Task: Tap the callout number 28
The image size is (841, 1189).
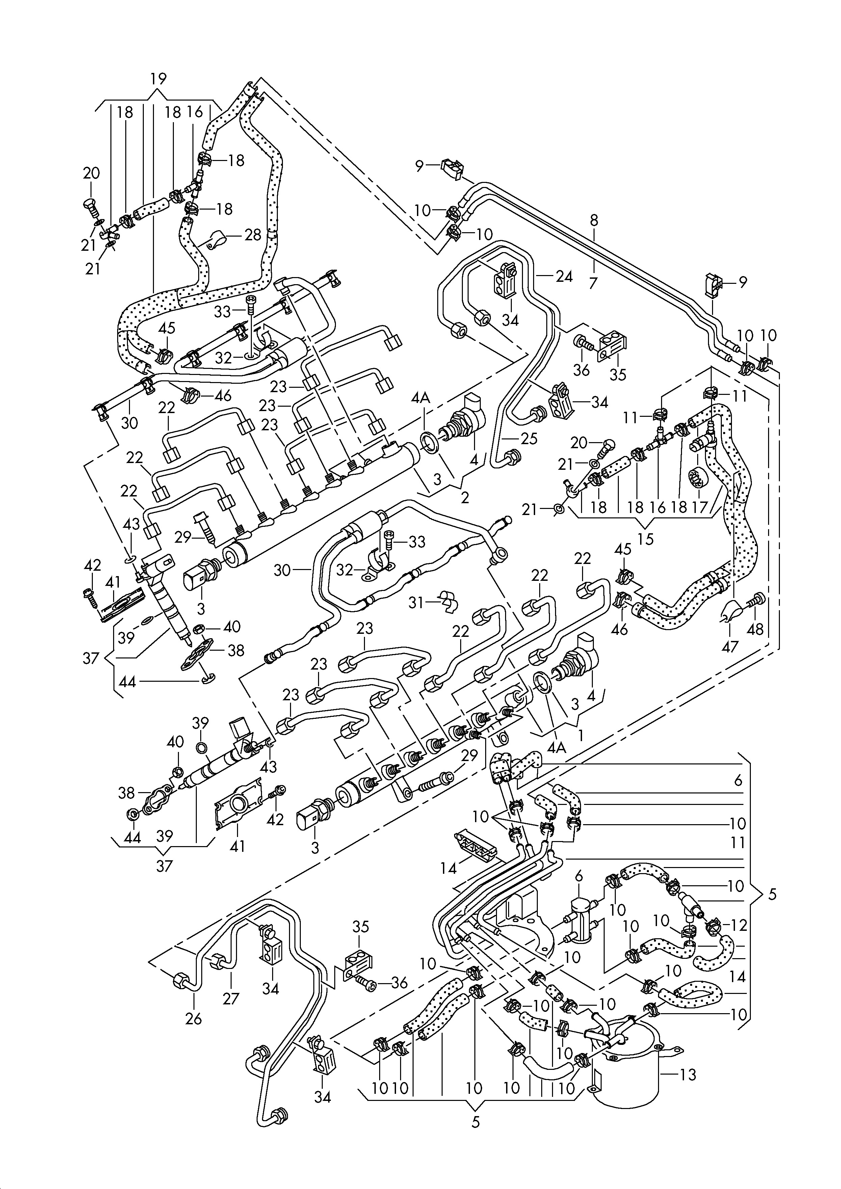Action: (x=253, y=235)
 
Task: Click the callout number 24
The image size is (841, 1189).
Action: (x=564, y=276)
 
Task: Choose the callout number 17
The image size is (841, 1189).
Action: (x=700, y=507)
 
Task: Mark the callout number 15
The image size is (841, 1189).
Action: (x=646, y=539)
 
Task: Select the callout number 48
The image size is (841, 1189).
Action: (x=756, y=629)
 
